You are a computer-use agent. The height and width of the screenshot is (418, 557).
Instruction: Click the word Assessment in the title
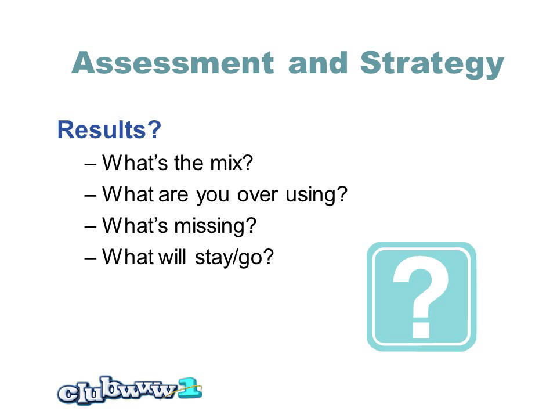point(173,63)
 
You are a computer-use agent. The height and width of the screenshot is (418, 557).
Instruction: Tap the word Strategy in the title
point(432,64)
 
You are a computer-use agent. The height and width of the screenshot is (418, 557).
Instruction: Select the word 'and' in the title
point(317,63)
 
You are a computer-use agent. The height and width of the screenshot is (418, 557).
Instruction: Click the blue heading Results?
point(109,129)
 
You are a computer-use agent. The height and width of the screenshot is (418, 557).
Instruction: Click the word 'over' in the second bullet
point(257,195)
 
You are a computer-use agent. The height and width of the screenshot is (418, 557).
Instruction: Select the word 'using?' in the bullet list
point(316,195)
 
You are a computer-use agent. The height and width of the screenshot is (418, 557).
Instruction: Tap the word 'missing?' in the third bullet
point(215,226)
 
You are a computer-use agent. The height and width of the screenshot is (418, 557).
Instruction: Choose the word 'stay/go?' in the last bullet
point(234,257)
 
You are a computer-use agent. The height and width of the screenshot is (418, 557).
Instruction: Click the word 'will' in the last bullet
point(172,256)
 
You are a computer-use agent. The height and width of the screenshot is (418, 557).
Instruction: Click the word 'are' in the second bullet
point(173,195)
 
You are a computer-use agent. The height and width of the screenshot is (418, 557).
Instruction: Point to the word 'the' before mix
point(189,163)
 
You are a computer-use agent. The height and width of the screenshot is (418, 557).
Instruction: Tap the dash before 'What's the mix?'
point(91,164)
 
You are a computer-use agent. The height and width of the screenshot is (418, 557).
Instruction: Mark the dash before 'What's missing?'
point(91,227)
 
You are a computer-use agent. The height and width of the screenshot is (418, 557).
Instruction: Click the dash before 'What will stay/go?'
point(91,258)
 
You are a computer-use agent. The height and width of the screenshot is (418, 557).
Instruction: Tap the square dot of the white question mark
point(421,330)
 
